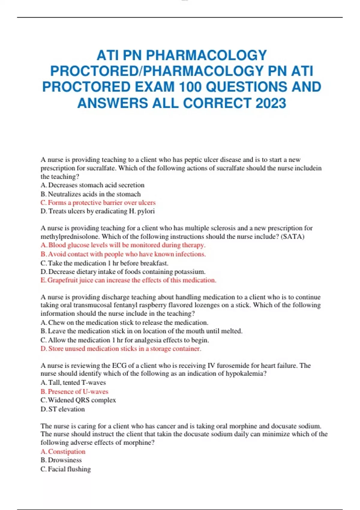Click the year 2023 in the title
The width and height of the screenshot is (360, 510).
(x=271, y=103)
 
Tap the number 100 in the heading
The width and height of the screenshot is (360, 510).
(x=190, y=87)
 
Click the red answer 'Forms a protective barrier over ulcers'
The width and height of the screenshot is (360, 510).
(x=98, y=202)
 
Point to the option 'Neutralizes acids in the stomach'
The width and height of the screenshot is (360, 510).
(x=91, y=194)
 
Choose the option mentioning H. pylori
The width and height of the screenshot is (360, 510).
(x=97, y=211)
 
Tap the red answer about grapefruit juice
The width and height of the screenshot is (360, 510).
(x=128, y=280)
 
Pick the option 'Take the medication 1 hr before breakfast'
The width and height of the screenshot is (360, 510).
(x=104, y=263)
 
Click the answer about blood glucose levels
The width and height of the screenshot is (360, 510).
(x=123, y=245)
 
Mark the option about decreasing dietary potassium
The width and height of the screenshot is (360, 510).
(x=123, y=272)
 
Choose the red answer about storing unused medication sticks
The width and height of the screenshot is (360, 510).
(x=121, y=349)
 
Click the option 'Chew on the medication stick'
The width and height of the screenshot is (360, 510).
(x=124, y=322)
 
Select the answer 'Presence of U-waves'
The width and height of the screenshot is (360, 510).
(x=74, y=391)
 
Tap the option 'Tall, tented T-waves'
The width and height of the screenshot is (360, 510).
(x=73, y=382)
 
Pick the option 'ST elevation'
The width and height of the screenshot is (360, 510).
(x=63, y=409)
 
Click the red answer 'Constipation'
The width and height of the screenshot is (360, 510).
(x=63, y=451)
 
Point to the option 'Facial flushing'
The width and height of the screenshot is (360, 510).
(x=66, y=469)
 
